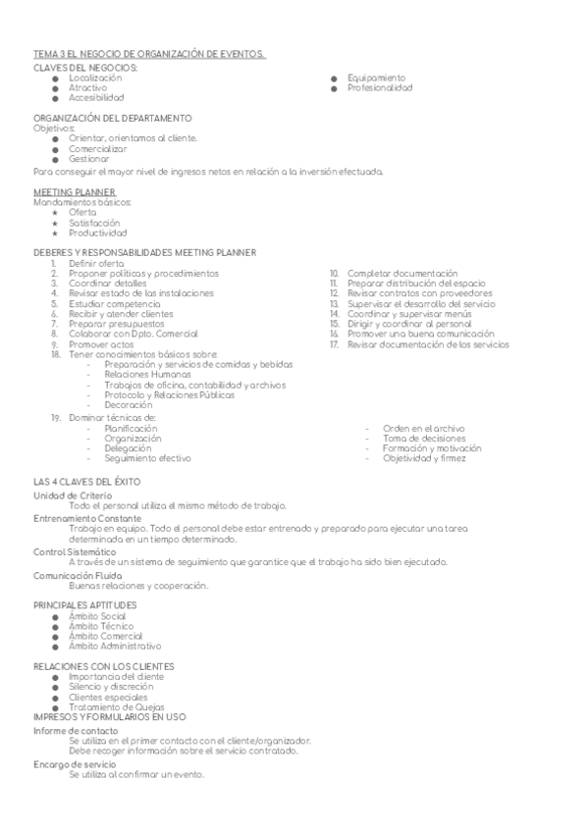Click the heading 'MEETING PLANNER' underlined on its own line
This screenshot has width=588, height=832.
(x=75, y=192)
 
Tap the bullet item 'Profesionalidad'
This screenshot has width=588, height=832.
(x=379, y=88)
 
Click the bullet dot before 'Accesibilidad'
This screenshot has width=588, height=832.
(x=56, y=99)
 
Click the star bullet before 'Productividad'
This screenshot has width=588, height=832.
(x=56, y=234)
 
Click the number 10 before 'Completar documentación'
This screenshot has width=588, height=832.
(x=334, y=273)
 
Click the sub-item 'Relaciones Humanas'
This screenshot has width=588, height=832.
(x=140, y=375)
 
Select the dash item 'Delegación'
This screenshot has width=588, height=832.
(x=127, y=448)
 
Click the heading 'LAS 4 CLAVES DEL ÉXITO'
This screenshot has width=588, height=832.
(x=87, y=483)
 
